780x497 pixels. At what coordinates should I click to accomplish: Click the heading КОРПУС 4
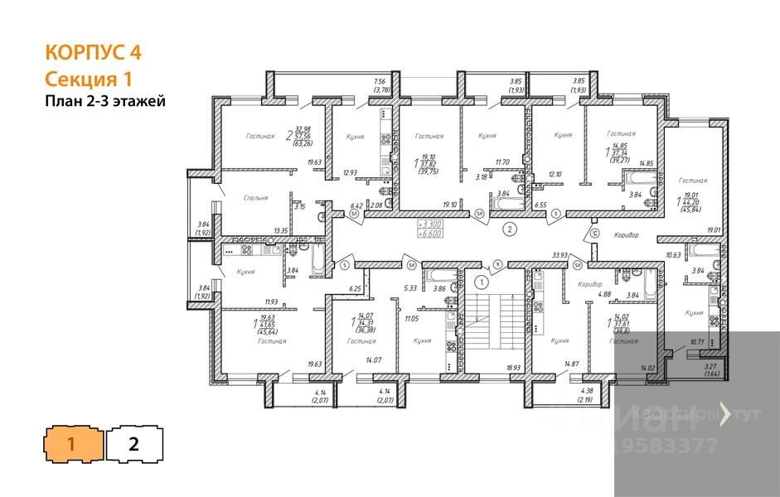93,53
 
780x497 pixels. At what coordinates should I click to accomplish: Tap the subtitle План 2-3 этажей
105,101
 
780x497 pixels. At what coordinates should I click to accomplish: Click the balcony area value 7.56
380,82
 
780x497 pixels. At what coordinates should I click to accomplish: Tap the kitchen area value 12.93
350,172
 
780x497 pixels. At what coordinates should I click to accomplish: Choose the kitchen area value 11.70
502,163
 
